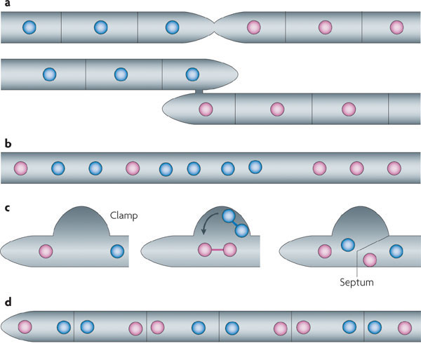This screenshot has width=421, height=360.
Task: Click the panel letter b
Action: (x=7, y=145)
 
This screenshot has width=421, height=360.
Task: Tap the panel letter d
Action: (x=7, y=302)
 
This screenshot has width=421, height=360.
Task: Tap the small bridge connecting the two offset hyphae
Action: (x=199, y=91)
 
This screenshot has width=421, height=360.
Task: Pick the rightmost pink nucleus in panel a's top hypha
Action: (x=396, y=27)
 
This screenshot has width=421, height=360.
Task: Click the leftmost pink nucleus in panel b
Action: (x=22, y=168)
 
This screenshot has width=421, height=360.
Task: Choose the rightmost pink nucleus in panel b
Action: (x=394, y=168)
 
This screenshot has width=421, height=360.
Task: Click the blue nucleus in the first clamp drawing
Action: (x=117, y=250)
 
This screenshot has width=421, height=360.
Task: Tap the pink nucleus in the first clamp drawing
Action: (x=46, y=250)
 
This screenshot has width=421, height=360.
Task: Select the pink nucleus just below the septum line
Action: (x=370, y=260)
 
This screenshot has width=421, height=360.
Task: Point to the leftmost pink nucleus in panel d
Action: (x=26, y=326)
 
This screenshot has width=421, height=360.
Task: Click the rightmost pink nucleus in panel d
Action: (x=405, y=326)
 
